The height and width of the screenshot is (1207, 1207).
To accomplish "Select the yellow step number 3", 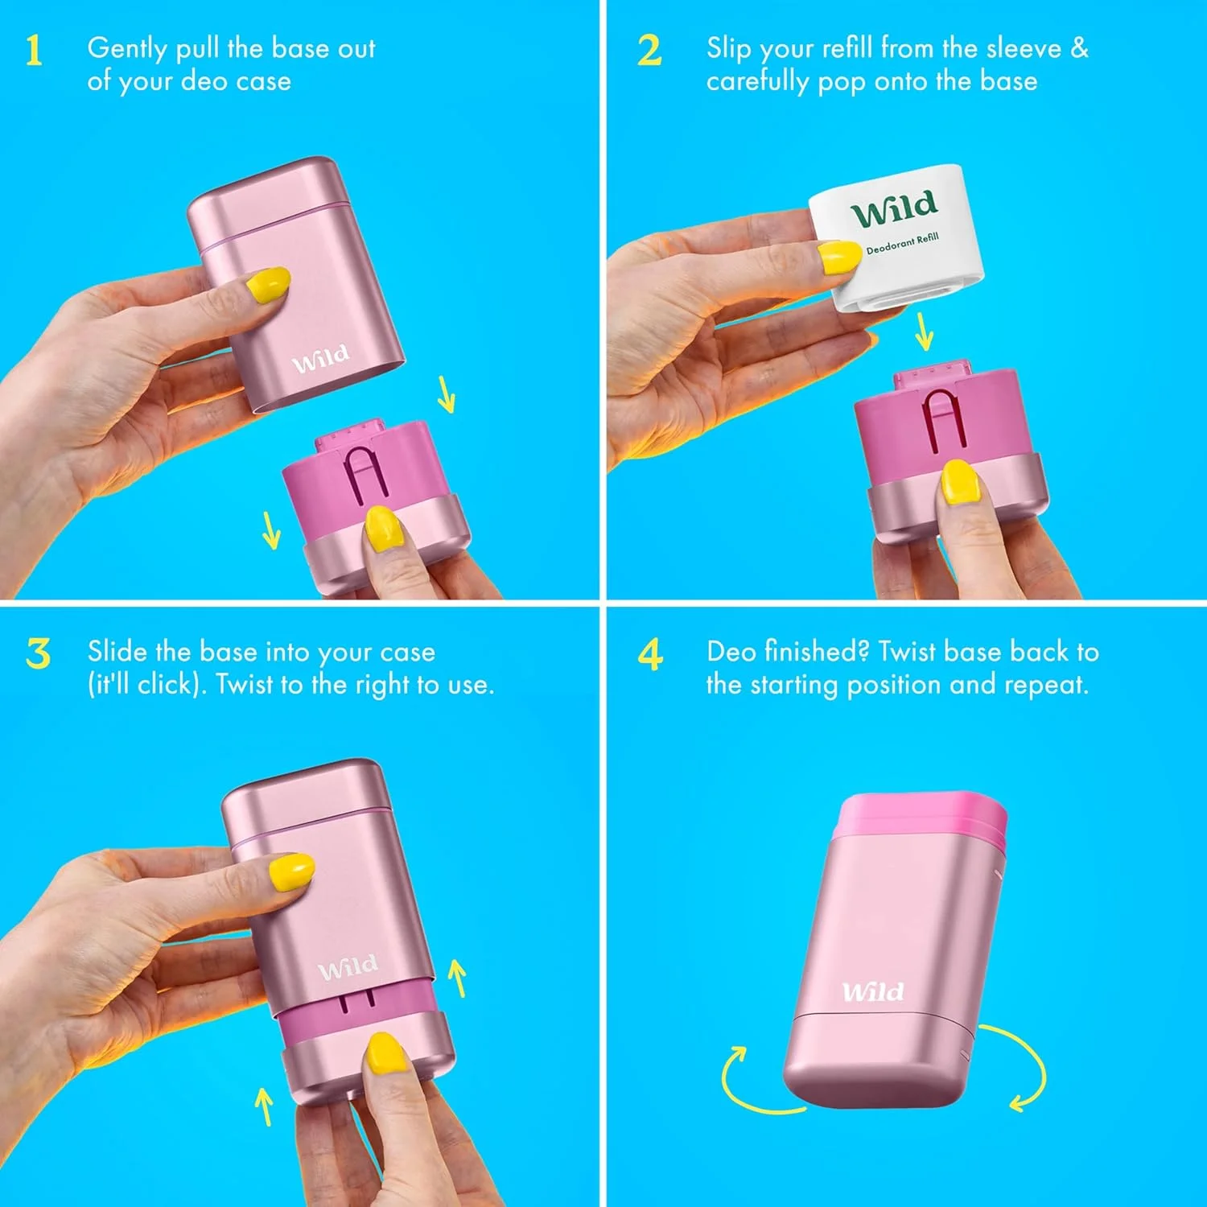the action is click(38, 653).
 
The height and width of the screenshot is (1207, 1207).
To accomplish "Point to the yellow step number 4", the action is click(650, 653).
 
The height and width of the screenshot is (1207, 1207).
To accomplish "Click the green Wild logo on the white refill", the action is click(895, 208).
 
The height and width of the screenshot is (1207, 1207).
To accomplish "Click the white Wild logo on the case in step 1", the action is click(320, 359).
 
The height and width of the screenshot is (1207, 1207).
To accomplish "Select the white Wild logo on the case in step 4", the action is click(873, 991).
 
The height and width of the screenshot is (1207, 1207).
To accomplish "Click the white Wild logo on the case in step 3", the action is click(348, 966).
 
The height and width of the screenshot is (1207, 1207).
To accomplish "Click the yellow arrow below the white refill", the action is click(925, 331).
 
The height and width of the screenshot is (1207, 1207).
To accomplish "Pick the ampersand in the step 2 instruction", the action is click(1079, 48).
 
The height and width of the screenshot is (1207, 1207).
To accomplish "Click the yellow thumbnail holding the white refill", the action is click(838, 257).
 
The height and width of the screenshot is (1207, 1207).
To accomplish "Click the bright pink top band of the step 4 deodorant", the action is click(921, 818).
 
